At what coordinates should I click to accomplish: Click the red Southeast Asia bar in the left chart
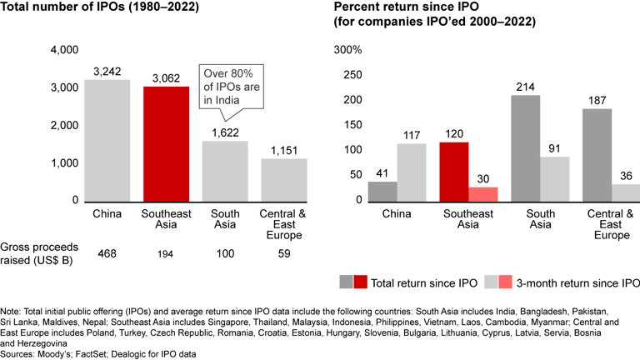pyautogui.click(x=165, y=143)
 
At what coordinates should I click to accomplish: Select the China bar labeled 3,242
pyautogui.click(x=107, y=140)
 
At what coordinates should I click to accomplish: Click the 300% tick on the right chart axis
pyautogui.click(x=348, y=51)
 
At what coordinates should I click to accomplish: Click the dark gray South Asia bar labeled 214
pyautogui.click(x=525, y=147)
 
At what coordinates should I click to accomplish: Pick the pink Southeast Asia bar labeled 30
pyautogui.click(x=482, y=193)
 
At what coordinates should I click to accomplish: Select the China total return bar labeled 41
pyautogui.click(x=382, y=191)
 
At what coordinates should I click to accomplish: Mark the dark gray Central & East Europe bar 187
pyautogui.click(x=597, y=154)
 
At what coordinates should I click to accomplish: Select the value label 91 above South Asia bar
pyautogui.click(x=555, y=149)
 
